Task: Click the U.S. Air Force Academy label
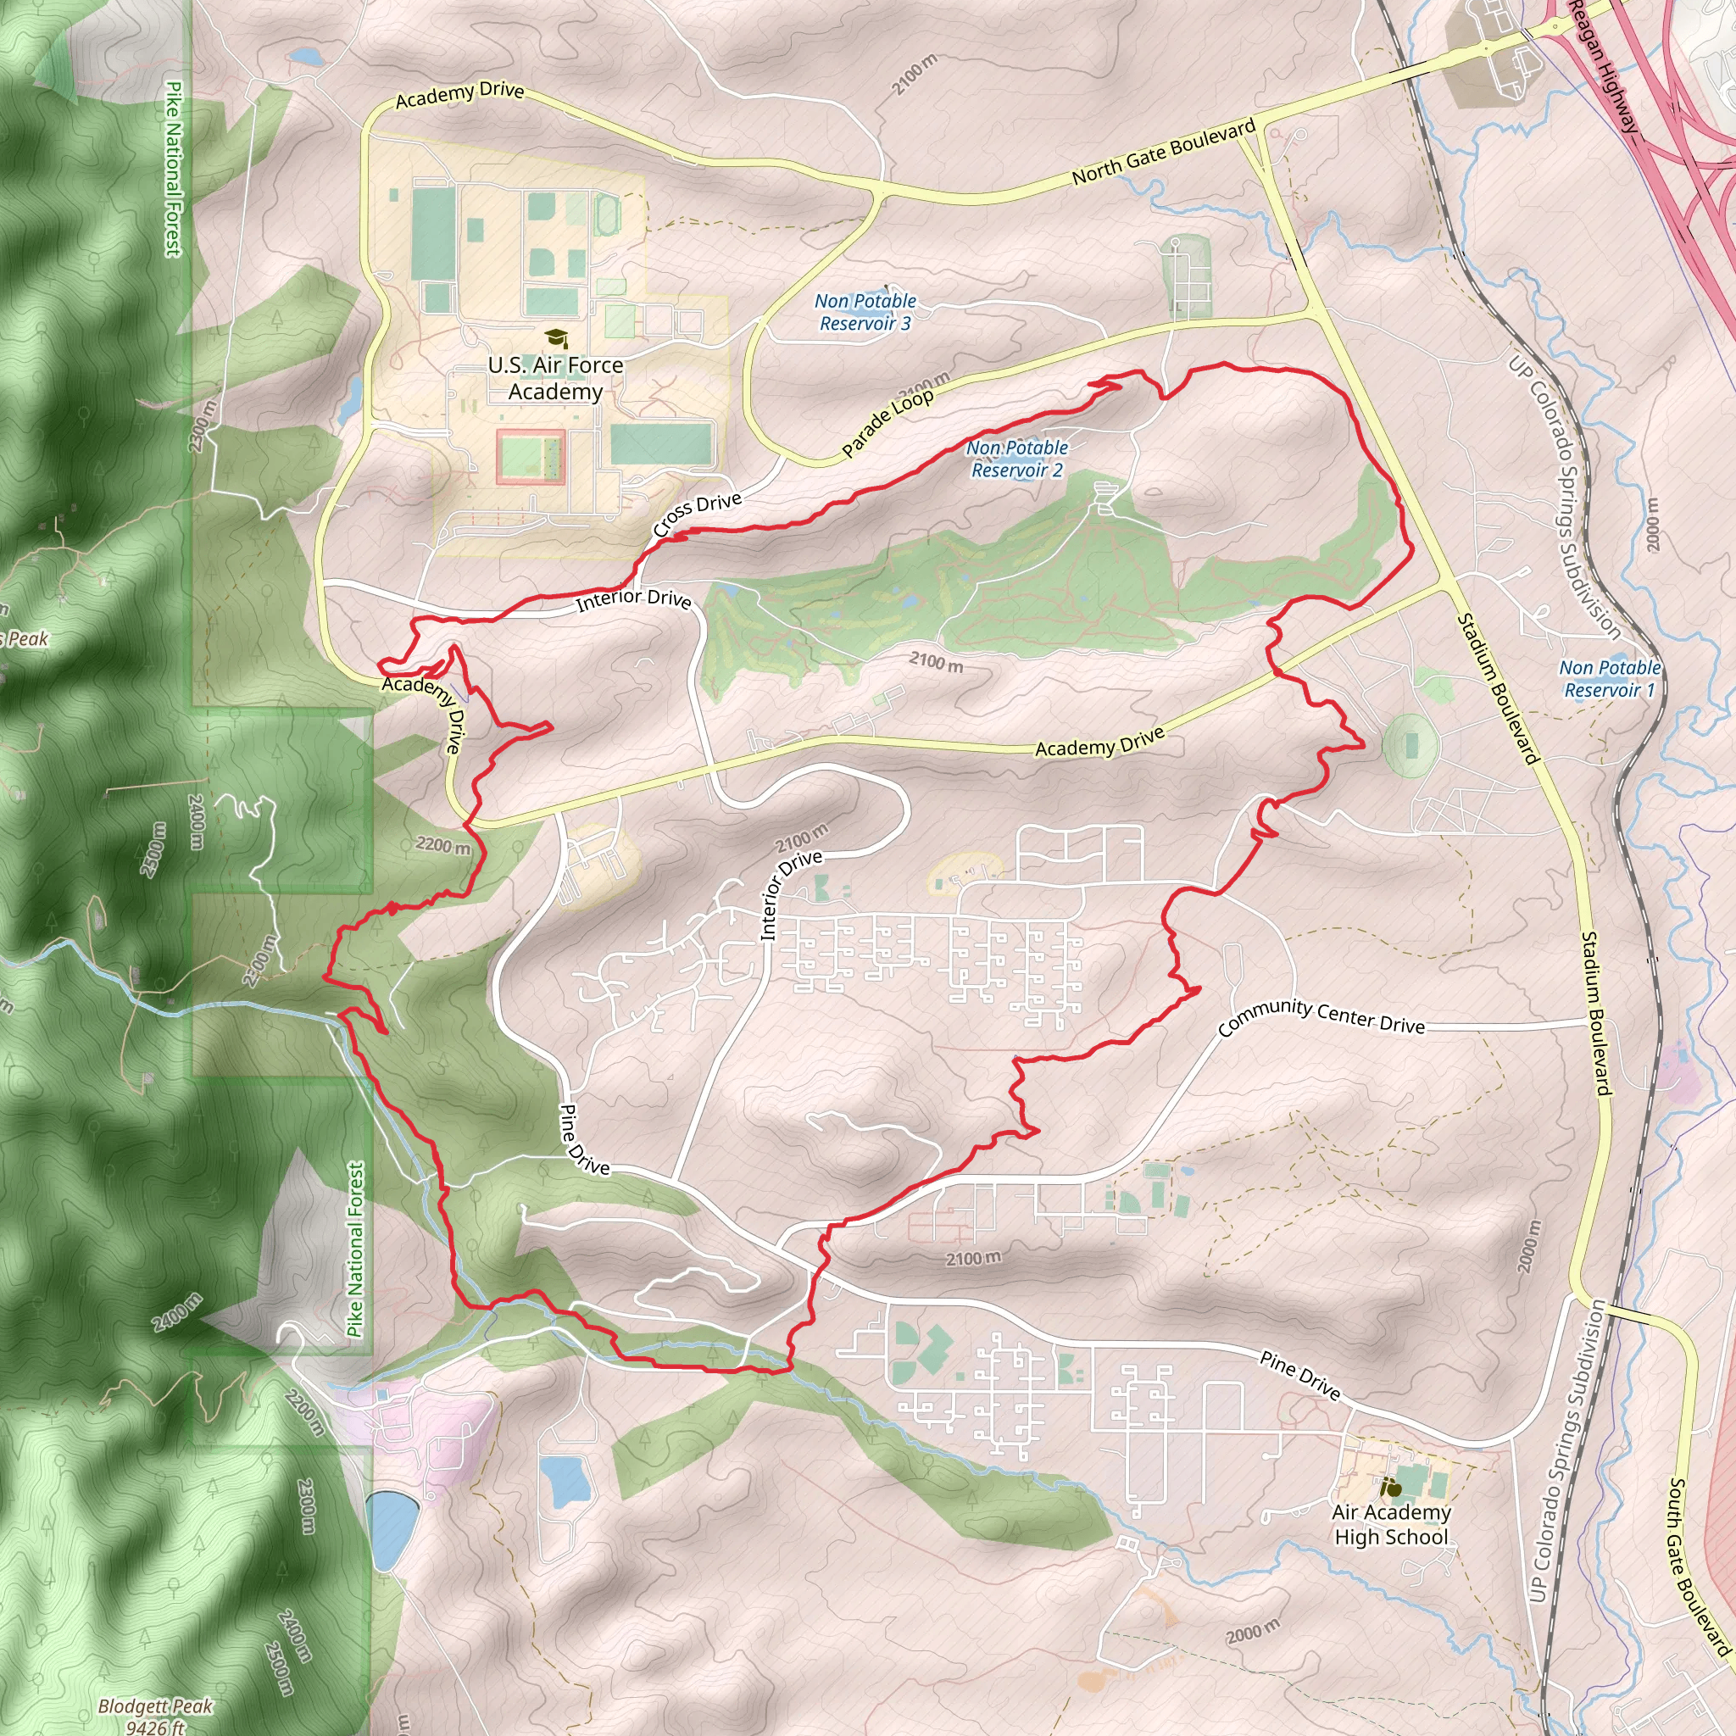[x=555, y=378]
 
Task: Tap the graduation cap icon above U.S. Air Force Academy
[x=556, y=339]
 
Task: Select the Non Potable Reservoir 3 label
[x=865, y=312]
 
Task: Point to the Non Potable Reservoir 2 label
[x=1017, y=459]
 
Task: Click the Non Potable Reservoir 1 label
[x=1610, y=678]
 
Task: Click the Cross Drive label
[x=698, y=514]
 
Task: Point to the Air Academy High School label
[x=1391, y=1524]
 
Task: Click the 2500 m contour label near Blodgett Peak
[x=281, y=1668]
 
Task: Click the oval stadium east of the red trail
[x=1410, y=744]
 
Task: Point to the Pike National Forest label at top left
[x=175, y=168]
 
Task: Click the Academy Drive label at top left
[x=459, y=93]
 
